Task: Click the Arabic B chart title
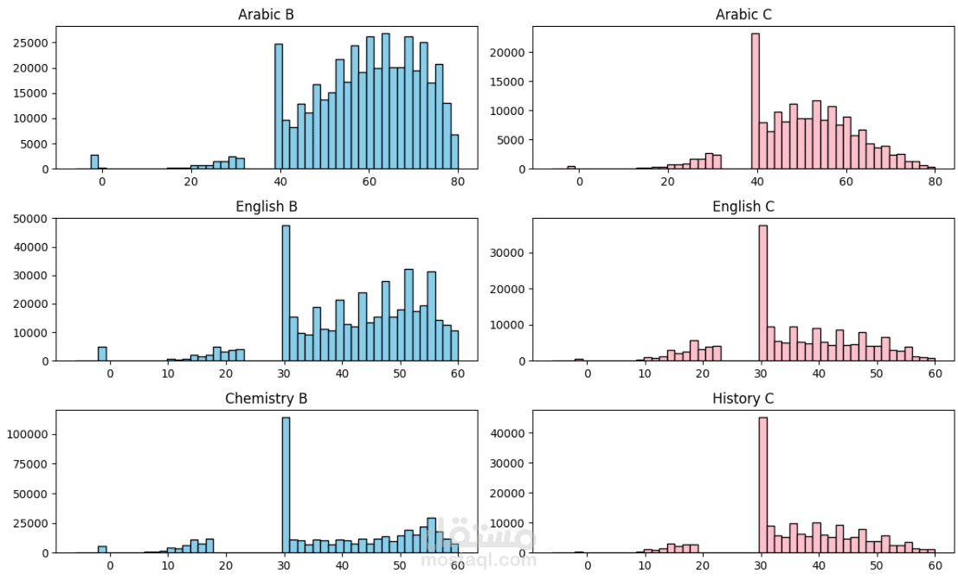[x=266, y=15]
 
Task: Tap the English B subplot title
[x=266, y=207]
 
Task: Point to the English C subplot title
[x=743, y=207]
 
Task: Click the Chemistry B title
[x=266, y=399]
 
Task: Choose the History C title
[x=743, y=399]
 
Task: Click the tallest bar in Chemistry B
[x=286, y=484]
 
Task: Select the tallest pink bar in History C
[x=763, y=484]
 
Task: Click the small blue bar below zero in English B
[x=102, y=354]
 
